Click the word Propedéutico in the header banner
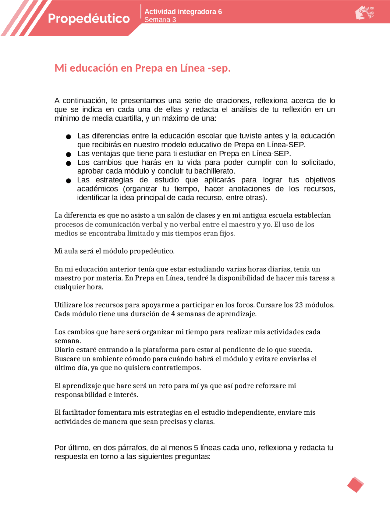(89, 19)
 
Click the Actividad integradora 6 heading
(183, 12)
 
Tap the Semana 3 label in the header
(160, 20)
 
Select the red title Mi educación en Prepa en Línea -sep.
(142, 68)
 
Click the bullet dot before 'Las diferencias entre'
(69, 137)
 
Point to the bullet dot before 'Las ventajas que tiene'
(69, 154)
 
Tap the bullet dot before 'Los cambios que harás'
(69, 163)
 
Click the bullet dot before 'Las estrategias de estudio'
(69, 181)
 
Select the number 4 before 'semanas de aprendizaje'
(173, 314)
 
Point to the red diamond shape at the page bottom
(355, 485)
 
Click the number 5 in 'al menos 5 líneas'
(196, 448)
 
